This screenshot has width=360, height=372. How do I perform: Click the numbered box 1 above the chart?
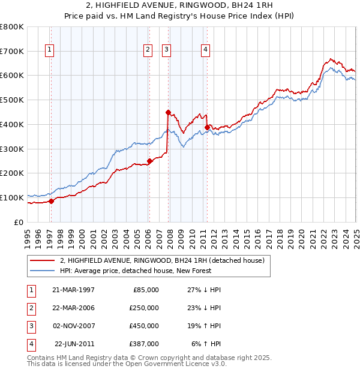coord(49,50)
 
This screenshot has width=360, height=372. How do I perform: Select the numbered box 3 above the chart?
coord(166,50)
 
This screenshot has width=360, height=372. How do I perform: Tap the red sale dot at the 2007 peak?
coord(169,112)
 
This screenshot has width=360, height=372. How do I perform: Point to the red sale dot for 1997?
coord(52,201)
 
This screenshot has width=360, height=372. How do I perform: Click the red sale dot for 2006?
coord(150,160)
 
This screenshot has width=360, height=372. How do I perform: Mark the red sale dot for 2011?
coord(207,127)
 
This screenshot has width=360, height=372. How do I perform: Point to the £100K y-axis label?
coord(12,197)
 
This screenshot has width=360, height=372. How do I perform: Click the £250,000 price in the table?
coord(144,308)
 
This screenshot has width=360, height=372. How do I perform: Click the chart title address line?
coord(180,7)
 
